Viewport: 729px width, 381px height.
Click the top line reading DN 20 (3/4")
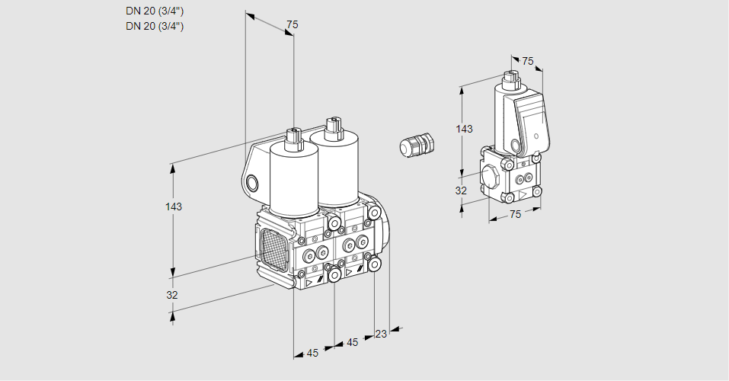click(155, 11)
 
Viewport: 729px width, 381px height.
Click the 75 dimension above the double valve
click(292, 24)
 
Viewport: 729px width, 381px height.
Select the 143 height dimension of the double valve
click(174, 207)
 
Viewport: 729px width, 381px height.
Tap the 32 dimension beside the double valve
click(172, 295)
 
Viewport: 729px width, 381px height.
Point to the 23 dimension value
click(381, 334)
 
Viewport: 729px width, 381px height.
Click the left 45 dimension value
click(312, 353)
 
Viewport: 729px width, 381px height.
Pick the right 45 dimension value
click(352, 343)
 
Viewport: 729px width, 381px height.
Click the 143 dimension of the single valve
click(464, 129)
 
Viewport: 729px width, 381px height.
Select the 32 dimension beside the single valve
click(461, 190)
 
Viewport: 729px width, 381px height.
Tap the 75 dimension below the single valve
click(515, 215)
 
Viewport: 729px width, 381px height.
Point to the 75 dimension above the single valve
click(527, 61)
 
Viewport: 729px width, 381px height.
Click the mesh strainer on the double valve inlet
click(273, 249)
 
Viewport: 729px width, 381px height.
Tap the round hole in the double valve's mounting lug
click(252, 183)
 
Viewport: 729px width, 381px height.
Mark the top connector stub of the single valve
click(510, 77)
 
